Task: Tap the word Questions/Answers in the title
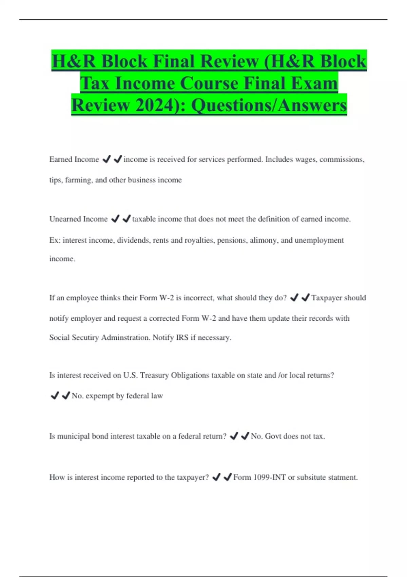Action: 269,105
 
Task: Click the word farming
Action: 78,180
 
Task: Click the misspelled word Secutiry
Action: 84,338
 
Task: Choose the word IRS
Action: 182,338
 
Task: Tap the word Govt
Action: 273,436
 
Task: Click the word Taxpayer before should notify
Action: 327,298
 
